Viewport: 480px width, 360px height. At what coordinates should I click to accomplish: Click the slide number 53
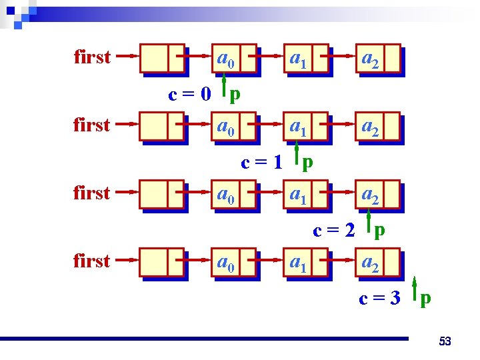coord(445,342)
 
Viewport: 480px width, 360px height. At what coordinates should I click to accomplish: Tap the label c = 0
coord(189,94)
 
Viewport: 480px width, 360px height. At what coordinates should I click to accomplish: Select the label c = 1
coord(262,162)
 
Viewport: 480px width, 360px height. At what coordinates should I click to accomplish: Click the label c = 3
coord(380,298)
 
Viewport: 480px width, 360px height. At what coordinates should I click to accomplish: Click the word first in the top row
coord(92,57)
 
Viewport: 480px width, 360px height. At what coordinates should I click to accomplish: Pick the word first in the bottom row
coord(92,261)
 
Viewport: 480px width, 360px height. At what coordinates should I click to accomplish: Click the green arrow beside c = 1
coord(296,155)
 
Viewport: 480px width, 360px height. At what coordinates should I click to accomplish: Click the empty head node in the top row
coord(162,59)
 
